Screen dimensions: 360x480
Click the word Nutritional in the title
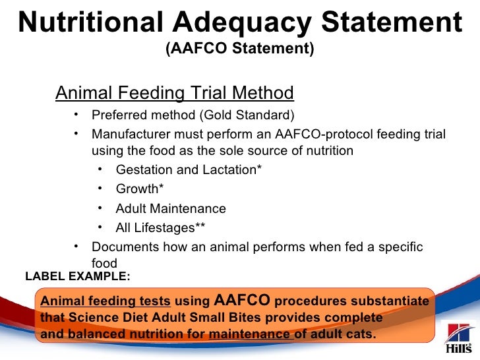point(80,24)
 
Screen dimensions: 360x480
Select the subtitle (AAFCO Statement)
point(239,49)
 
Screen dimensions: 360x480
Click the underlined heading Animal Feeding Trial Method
point(174,92)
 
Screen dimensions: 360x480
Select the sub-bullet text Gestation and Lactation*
point(189,170)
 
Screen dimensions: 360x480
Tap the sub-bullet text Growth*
point(140,189)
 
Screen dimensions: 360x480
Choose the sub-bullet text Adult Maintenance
point(171,209)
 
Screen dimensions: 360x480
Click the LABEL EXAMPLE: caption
point(78,276)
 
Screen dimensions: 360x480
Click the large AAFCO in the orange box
point(242,301)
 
